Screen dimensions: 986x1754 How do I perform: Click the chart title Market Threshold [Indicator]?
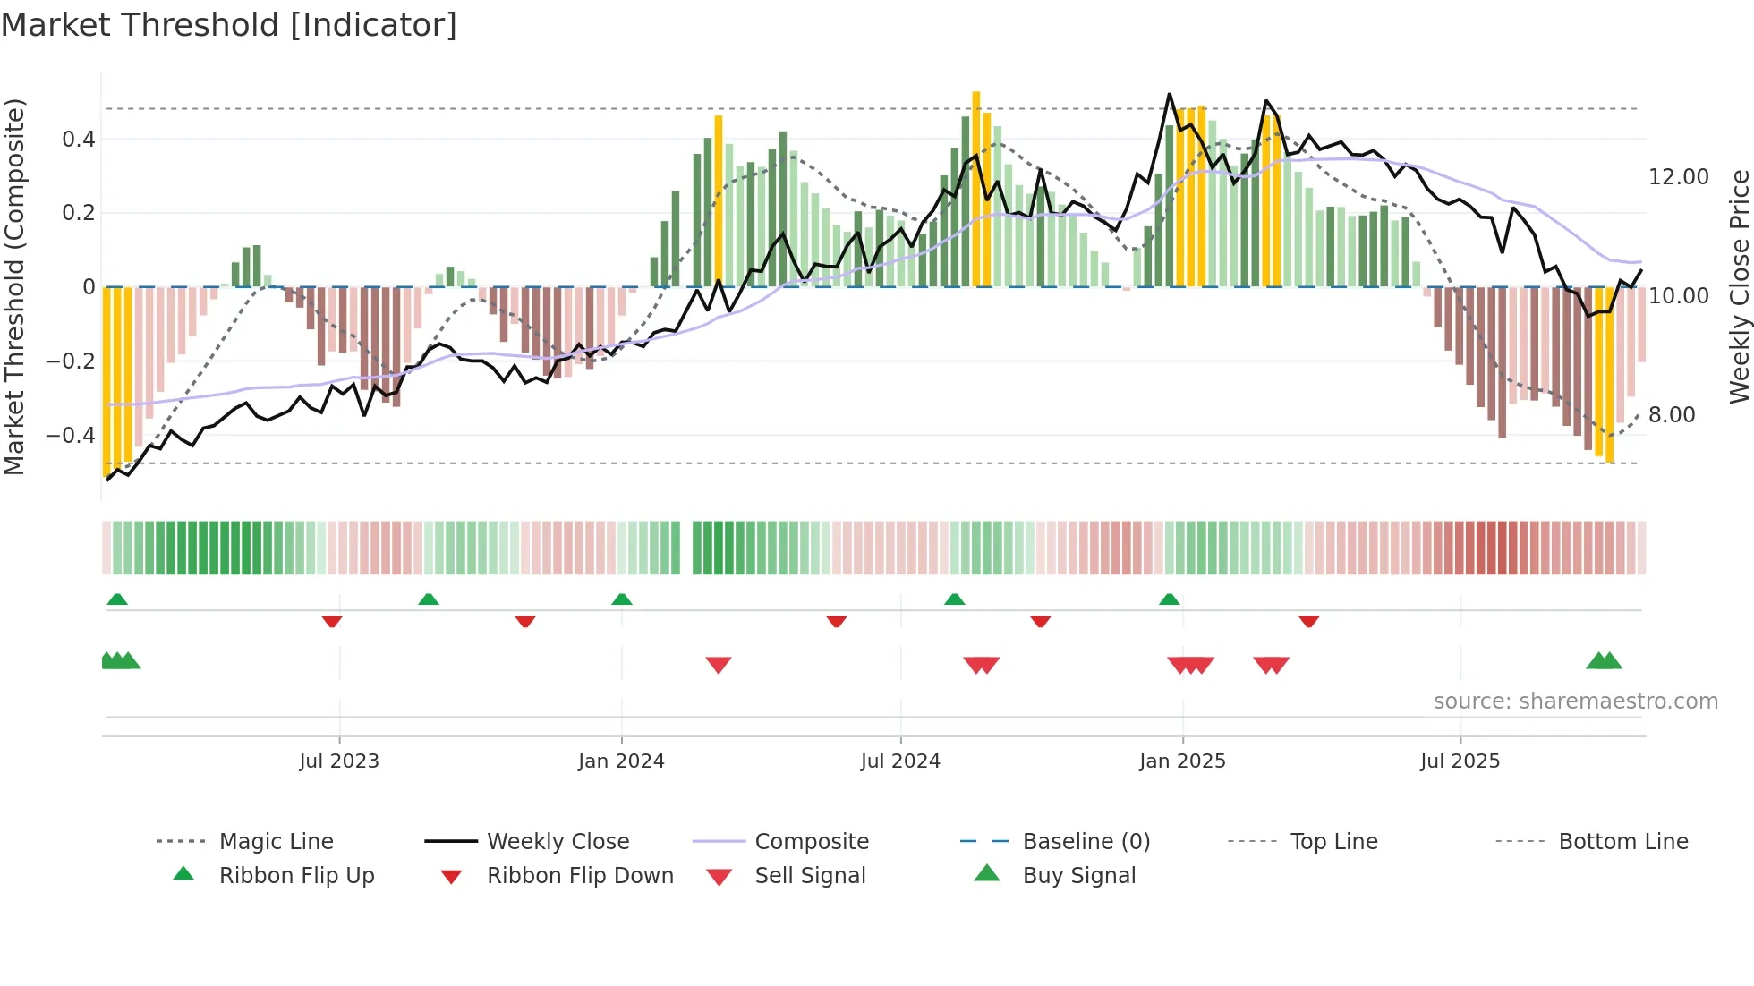[x=229, y=25]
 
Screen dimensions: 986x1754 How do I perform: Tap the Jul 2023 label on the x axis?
[x=339, y=761]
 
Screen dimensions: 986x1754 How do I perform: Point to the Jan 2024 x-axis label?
[x=621, y=761]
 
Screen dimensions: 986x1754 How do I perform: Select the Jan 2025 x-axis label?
[x=1182, y=761]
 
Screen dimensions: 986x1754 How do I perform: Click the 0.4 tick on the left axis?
[x=79, y=140]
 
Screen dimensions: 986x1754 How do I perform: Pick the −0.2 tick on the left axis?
[x=71, y=361]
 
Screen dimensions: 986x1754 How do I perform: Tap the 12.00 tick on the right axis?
[x=1679, y=177]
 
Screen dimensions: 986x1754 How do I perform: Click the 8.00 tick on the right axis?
[x=1672, y=415]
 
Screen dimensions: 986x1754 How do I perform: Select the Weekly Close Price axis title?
[x=1739, y=286]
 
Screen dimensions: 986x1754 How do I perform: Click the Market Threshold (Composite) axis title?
[x=14, y=286]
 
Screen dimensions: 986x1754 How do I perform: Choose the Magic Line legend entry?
[x=276, y=842]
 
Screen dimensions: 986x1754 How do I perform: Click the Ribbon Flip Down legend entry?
[x=580, y=876]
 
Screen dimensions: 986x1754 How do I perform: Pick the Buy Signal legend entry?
[x=1078, y=876]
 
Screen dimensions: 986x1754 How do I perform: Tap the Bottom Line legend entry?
[x=1622, y=842]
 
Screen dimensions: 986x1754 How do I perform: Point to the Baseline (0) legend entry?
[x=1086, y=842]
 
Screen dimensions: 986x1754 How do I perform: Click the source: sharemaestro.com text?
[x=1575, y=701]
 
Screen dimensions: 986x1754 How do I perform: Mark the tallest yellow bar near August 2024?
[x=976, y=188]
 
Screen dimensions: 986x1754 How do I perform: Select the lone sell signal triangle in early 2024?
[x=719, y=665]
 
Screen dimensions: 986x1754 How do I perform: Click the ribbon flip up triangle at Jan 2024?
[x=622, y=599]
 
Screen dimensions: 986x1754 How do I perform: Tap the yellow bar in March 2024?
[x=719, y=201]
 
